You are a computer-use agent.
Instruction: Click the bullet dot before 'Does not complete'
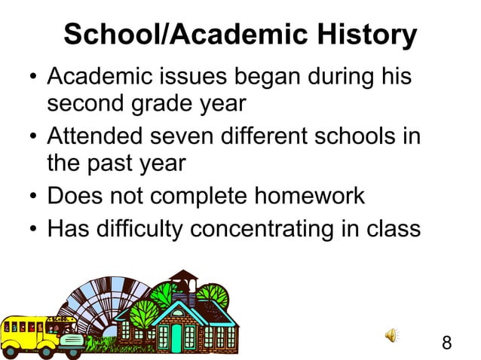point(33,197)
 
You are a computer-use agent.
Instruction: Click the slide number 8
point(446,343)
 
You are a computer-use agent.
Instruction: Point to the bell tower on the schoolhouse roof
point(182,285)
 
